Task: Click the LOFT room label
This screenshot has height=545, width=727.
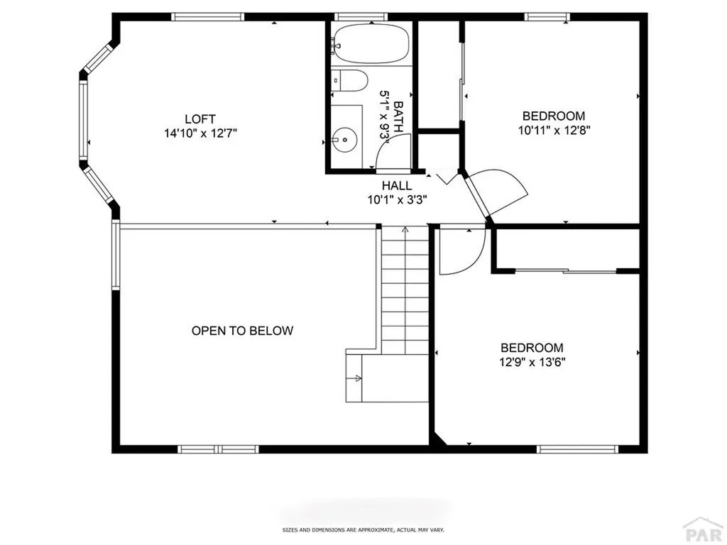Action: [199, 119]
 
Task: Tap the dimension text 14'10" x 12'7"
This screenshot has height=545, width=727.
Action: [199, 132]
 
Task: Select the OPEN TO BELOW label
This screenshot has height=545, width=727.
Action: [242, 331]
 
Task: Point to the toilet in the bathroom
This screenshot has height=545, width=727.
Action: [351, 81]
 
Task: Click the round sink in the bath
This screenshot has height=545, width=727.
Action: [345, 140]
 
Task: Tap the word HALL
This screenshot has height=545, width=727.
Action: [396, 186]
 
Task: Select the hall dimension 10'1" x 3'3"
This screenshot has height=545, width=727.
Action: [396, 199]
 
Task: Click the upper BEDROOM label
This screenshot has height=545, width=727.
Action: [554, 116]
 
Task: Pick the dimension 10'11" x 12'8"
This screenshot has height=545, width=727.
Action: [554, 130]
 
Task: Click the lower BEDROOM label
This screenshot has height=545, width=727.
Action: [532, 348]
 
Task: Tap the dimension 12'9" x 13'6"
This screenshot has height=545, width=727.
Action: [532, 361]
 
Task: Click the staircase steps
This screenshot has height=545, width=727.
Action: [405, 291]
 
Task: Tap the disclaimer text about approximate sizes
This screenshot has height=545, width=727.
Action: [363, 530]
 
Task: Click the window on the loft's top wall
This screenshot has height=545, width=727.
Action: [208, 16]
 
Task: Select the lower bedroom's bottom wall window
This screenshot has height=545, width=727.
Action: [577, 449]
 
